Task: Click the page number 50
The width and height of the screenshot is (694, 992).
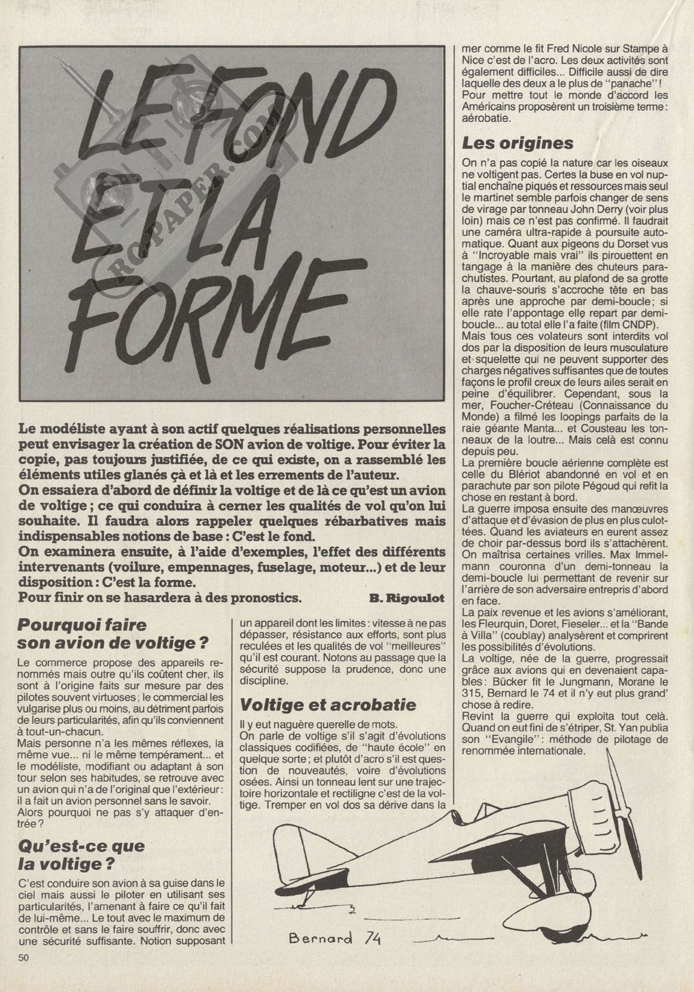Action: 24,973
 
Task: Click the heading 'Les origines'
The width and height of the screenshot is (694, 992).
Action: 518,144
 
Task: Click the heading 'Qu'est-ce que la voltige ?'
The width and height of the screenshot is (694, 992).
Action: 81,855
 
